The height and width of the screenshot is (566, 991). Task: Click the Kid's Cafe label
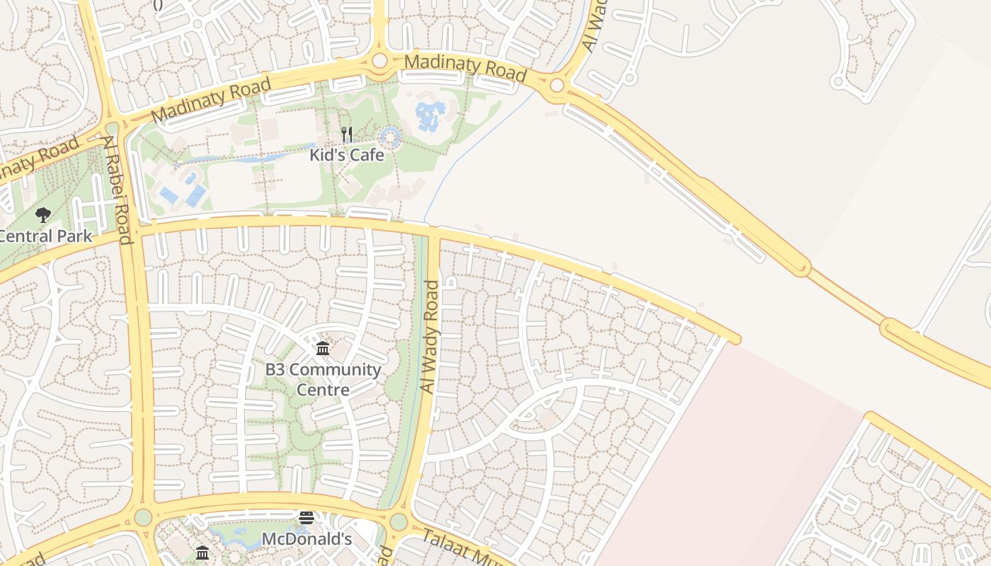pos(347,154)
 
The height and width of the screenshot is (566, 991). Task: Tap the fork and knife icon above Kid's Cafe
pos(347,134)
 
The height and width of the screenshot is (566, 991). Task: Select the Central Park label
pos(46,236)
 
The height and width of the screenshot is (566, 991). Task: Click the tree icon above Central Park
pos(43,214)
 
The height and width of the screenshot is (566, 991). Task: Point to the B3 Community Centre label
pos(323,379)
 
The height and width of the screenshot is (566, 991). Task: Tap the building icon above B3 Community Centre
pos(323,348)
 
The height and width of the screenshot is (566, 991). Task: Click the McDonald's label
pos(307,539)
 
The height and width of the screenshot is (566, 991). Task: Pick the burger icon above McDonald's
pos(306,518)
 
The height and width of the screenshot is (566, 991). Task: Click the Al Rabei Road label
pos(118,190)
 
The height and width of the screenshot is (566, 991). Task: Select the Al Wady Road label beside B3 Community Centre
pos(430,337)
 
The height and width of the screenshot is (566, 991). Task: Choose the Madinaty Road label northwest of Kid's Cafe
pos(211,101)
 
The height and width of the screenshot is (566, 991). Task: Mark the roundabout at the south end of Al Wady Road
pos(399,522)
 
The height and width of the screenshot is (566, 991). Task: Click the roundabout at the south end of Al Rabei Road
pos(143,516)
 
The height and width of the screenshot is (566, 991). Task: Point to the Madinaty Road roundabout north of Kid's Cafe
pos(380,61)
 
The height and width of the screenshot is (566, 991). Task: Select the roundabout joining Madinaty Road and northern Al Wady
pos(557,86)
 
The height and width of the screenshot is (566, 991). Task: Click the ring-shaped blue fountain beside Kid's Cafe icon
pos(391,137)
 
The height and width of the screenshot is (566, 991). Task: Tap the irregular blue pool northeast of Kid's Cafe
pos(430,115)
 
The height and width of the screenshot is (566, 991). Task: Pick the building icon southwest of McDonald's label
pos(202,553)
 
